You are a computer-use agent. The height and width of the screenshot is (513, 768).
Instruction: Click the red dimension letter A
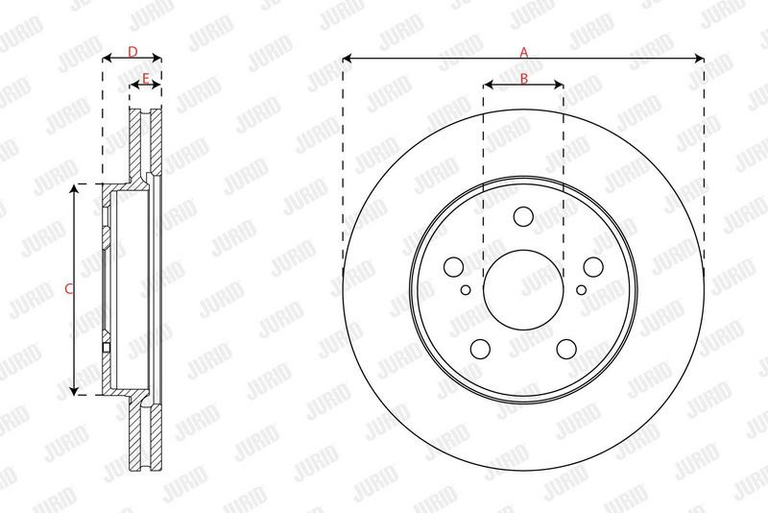(x=524, y=52)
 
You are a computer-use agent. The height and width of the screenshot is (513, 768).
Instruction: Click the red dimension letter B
(x=523, y=78)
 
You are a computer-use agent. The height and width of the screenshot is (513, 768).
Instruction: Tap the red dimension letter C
(x=68, y=289)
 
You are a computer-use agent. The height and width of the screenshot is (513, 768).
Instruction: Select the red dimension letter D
(x=132, y=52)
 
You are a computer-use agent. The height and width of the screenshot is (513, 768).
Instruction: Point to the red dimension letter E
(x=146, y=78)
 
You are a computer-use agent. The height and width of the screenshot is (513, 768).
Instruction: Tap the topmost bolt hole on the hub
(x=523, y=216)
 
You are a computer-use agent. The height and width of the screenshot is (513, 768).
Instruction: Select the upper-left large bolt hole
(x=453, y=267)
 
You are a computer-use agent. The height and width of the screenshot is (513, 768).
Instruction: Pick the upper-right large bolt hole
(x=593, y=267)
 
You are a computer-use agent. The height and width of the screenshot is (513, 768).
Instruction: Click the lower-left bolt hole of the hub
(x=480, y=349)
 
